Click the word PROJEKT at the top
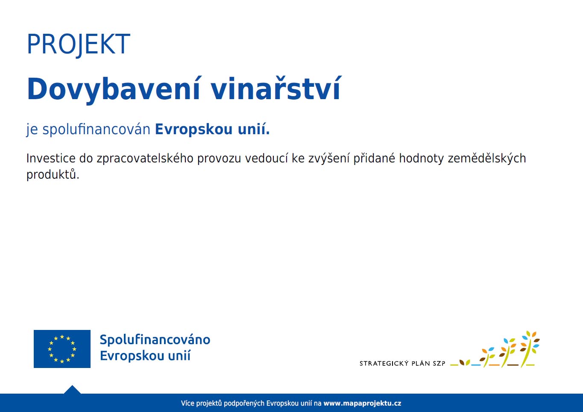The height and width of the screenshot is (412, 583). (x=78, y=44)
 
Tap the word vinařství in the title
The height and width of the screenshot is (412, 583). (x=276, y=88)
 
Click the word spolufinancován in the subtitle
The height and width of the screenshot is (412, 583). (x=96, y=129)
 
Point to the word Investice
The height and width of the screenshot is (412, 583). (x=51, y=158)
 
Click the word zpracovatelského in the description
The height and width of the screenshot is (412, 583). (x=145, y=159)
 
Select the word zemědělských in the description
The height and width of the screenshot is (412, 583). (x=487, y=159)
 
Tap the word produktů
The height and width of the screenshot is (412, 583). (x=53, y=175)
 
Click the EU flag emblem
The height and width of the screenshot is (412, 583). (x=62, y=349)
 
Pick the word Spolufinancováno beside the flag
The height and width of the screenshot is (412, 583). (x=155, y=340)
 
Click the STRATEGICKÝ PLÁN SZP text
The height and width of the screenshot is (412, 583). (x=402, y=363)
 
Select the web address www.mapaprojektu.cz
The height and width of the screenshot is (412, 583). (x=362, y=403)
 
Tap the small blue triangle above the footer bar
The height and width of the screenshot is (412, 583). (x=72, y=390)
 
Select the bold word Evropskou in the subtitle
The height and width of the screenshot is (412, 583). (x=193, y=129)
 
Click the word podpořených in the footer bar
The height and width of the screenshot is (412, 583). (x=244, y=404)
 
